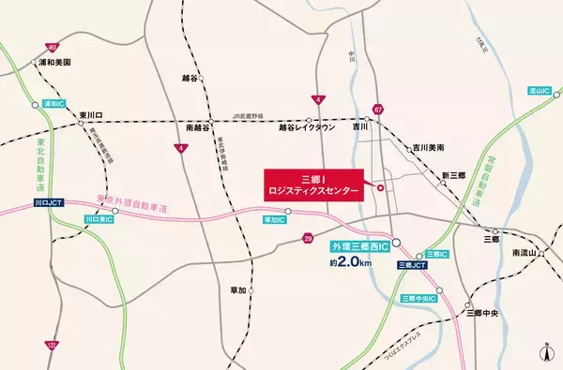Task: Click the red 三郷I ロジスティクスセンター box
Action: point(314,185)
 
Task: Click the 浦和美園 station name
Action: point(54,63)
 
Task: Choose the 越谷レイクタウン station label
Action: point(307,128)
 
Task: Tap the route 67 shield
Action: point(377,109)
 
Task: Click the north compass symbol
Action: point(546,353)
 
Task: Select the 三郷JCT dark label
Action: point(412,266)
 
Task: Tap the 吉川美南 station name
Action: point(427,148)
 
